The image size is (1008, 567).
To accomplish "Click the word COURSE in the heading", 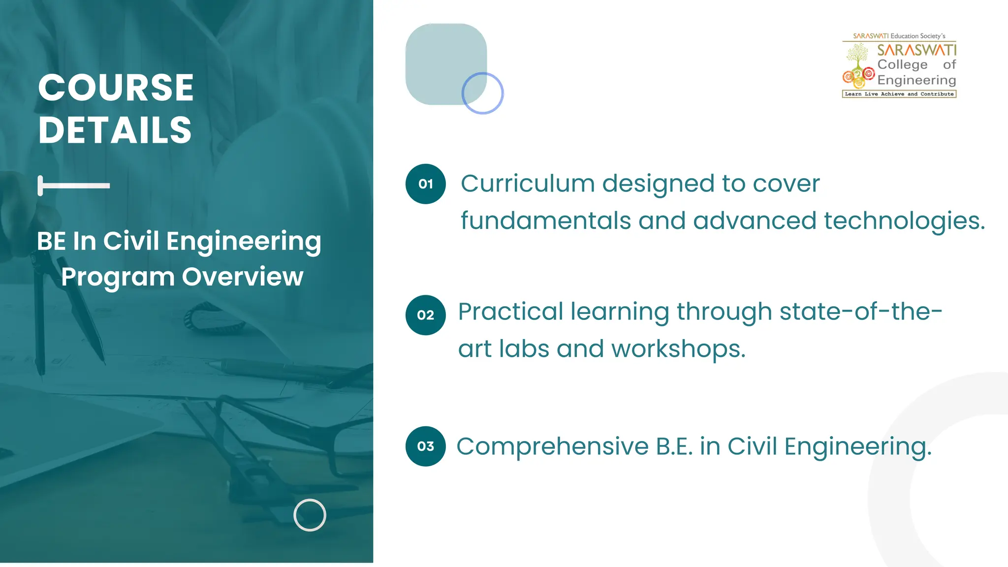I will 116,88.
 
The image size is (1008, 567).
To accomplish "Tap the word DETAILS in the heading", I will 115,130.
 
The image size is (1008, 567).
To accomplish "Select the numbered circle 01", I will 426,184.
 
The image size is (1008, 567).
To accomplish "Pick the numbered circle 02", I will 426,315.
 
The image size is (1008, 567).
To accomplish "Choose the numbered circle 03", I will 426,446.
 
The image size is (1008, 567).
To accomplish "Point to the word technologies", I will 904,221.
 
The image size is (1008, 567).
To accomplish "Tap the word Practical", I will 510,312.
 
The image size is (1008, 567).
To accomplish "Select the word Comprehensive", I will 553,447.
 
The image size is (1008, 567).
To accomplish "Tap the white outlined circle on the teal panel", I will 310,515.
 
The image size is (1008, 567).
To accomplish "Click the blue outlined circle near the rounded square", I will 482,93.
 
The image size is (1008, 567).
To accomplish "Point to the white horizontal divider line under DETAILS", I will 74,186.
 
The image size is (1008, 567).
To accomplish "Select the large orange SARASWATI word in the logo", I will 917,50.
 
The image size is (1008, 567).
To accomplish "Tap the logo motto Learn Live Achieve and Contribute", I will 899,94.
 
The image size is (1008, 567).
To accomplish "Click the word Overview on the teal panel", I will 243,277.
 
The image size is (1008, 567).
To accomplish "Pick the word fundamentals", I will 545,221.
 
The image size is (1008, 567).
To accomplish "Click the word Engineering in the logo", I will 916,80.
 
